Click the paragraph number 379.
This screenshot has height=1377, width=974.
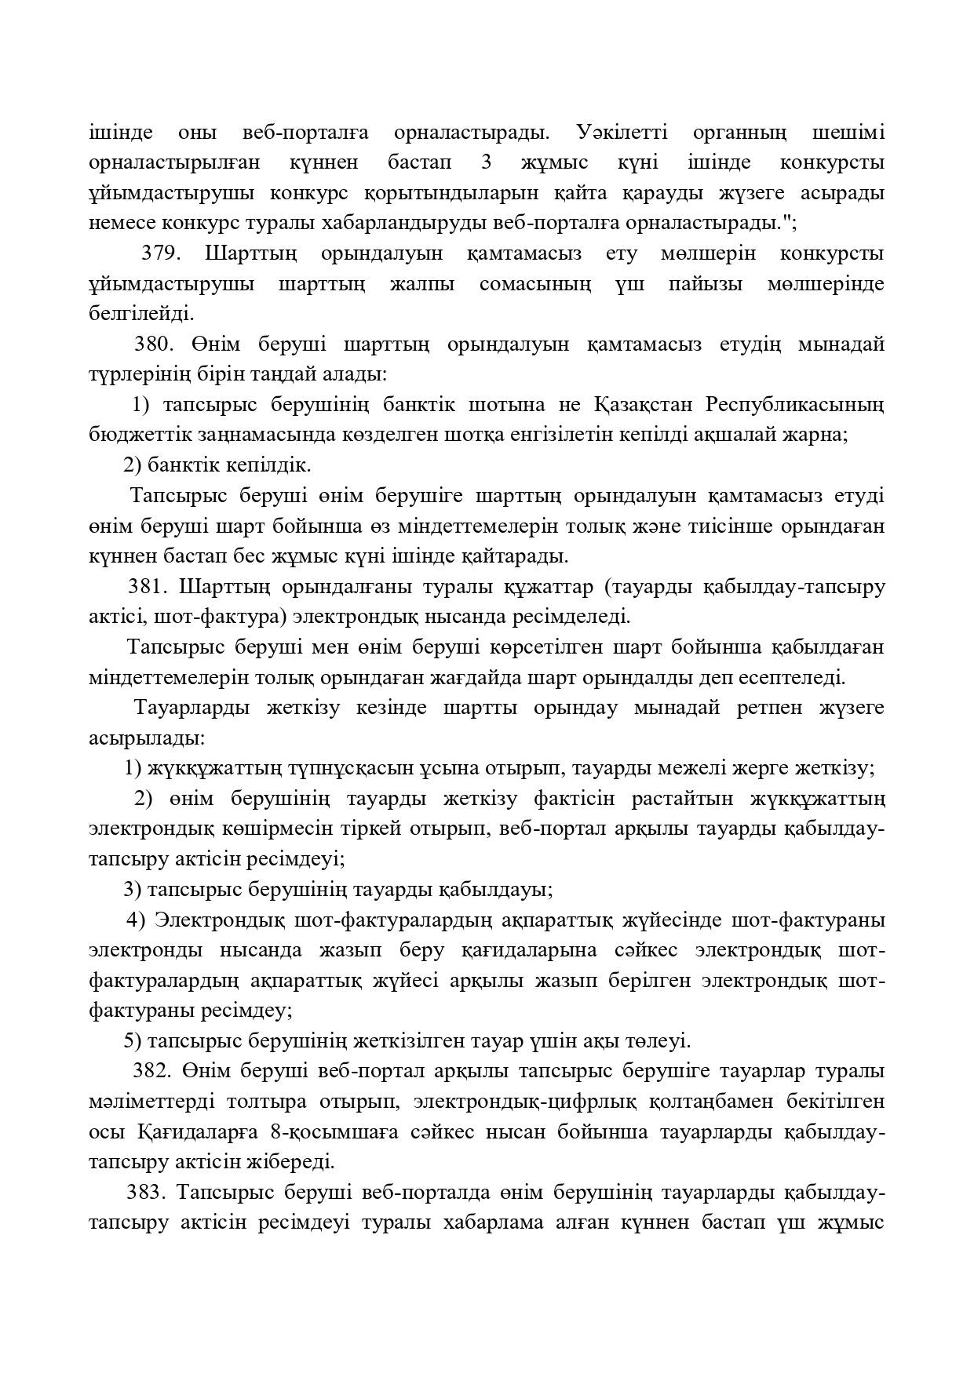point(162,253)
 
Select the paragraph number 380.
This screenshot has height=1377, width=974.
point(154,344)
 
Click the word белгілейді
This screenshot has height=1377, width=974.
point(141,315)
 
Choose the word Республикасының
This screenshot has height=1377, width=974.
point(795,405)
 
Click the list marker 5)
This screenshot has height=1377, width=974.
point(133,1040)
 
